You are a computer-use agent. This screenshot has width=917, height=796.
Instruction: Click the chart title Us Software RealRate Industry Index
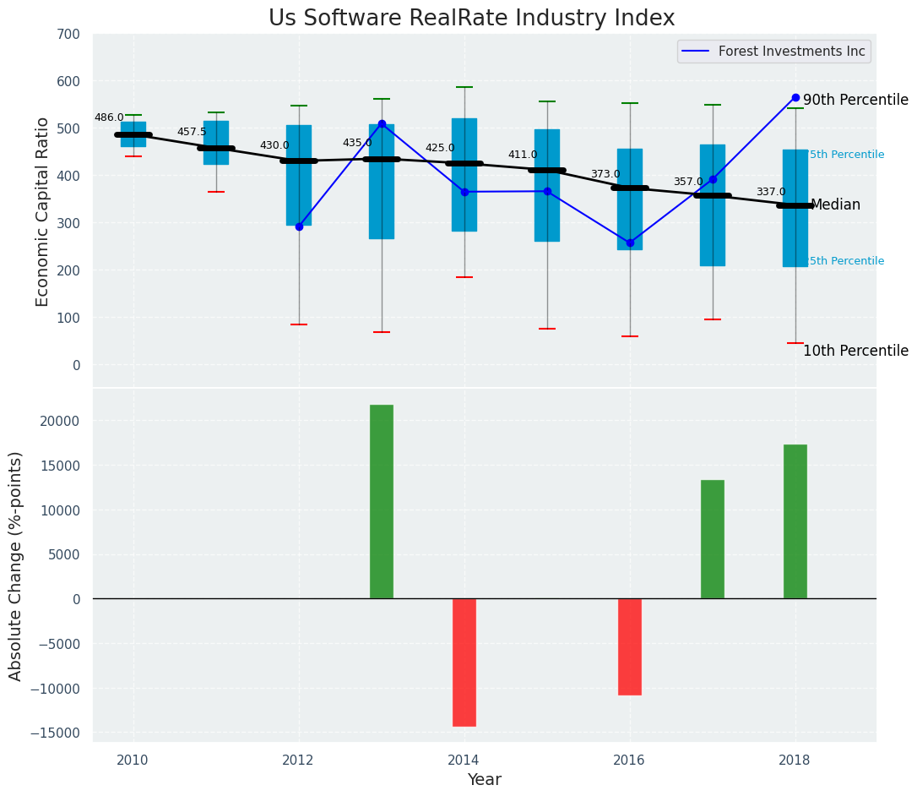click(471, 19)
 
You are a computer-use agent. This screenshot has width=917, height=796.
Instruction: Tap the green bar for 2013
click(382, 502)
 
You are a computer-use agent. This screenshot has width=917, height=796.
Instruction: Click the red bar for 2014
click(464, 662)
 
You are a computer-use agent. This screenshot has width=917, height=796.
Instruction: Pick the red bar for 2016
click(630, 646)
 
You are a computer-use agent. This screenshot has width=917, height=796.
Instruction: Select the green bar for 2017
click(713, 539)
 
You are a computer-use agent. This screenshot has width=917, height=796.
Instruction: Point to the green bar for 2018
click(795, 521)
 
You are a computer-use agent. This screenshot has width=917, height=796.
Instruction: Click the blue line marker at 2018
click(795, 97)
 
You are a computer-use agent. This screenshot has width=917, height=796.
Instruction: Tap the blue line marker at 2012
click(299, 226)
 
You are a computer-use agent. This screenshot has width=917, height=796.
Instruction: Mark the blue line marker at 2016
click(630, 243)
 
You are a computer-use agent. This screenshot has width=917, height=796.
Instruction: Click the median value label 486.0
click(109, 117)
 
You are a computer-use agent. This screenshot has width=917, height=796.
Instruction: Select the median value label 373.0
click(605, 174)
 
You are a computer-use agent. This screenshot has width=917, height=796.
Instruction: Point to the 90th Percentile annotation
click(855, 100)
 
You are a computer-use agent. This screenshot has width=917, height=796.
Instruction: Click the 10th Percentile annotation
click(855, 351)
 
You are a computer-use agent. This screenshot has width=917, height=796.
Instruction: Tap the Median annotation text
click(835, 205)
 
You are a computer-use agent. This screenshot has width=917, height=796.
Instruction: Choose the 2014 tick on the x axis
click(464, 760)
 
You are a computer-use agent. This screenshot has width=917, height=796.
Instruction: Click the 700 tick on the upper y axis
click(68, 35)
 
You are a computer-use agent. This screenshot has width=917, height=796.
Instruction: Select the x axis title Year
click(485, 780)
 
